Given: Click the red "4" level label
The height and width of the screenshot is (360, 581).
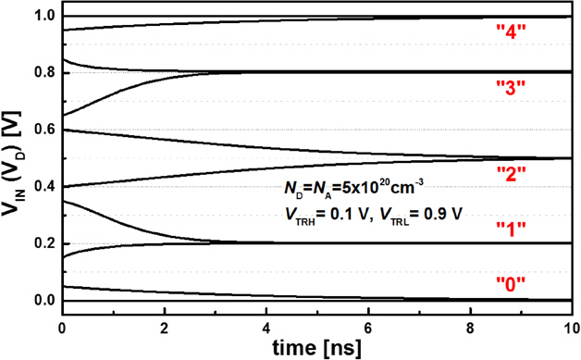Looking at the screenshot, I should point(512,30).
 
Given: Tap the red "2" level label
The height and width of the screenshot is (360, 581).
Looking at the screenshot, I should point(512,171).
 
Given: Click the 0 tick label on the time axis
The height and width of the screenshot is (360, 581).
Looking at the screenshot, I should point(62,327).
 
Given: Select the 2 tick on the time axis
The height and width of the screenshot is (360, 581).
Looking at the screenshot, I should point(165,327).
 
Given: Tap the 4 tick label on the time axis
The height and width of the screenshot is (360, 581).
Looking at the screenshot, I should point(267,327).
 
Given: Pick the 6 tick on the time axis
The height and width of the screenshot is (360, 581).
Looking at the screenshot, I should point(370,327).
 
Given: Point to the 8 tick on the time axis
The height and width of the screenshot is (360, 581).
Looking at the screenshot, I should point(473,327).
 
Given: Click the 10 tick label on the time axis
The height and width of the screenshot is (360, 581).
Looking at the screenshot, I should point(572,327).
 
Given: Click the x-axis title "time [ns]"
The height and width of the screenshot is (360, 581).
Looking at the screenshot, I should point(316,347).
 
